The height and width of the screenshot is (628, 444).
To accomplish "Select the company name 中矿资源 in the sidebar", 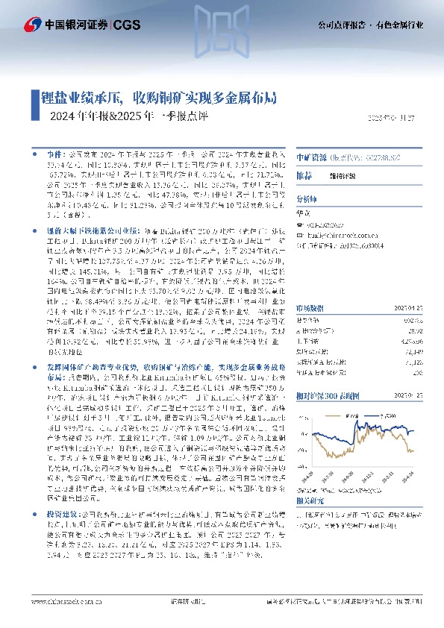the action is [x=311, y=157].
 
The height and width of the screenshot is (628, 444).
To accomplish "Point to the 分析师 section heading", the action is [x=307, y=199].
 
